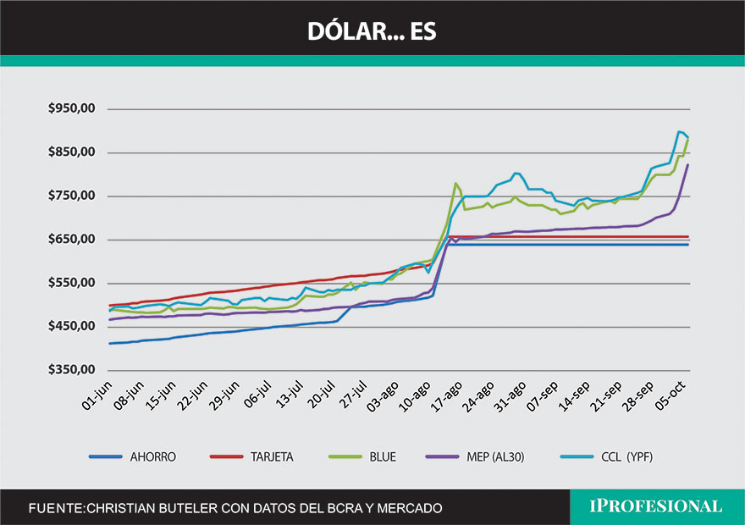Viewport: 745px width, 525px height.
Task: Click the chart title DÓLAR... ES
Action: pos(372,31)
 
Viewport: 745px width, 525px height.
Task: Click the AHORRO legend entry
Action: pos(153,456)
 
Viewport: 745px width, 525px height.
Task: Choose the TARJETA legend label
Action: pos(271,456)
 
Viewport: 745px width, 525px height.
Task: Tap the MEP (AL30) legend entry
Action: pos(499,456)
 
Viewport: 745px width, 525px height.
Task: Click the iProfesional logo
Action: pos(655,506)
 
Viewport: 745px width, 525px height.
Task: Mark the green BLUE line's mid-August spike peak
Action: pos(455,183)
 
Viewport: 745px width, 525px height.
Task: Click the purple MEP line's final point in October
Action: pos(688,165)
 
